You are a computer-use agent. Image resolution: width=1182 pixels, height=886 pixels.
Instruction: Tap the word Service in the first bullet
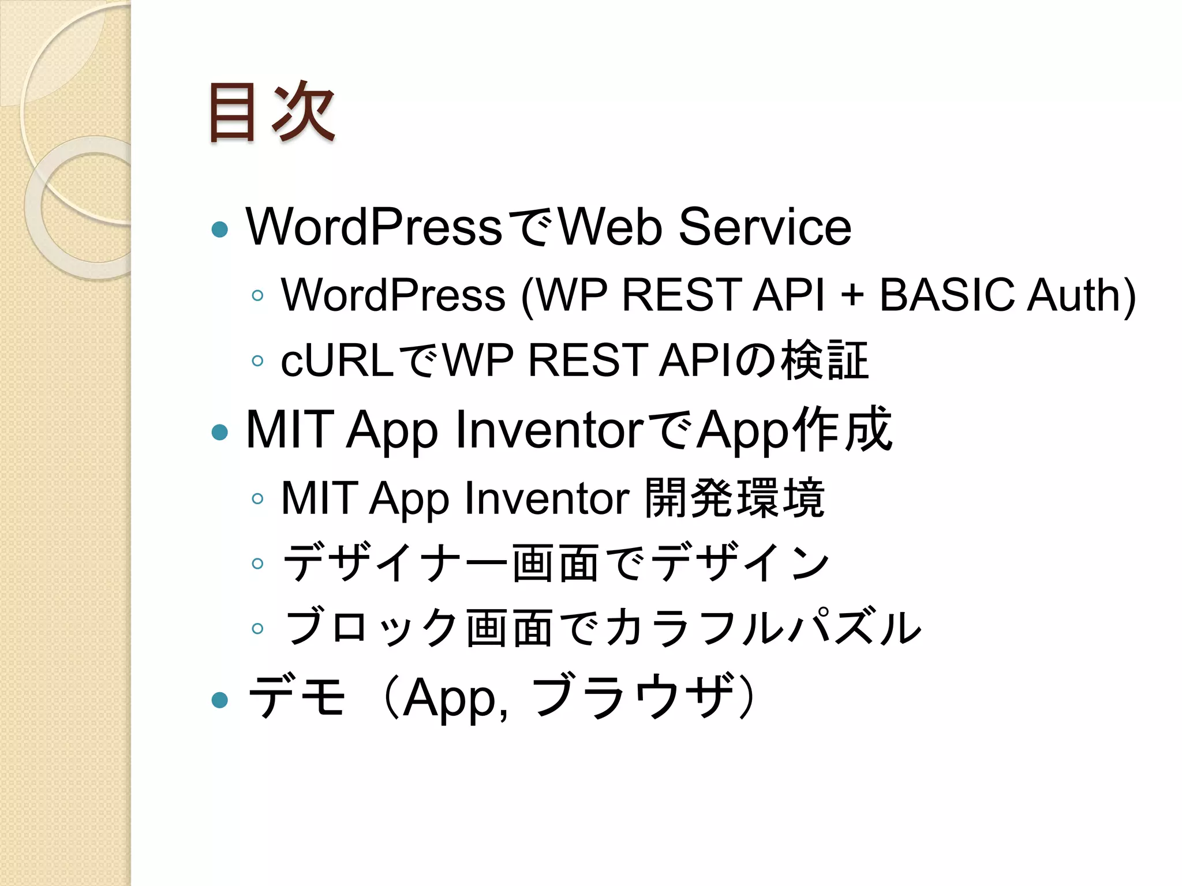765,227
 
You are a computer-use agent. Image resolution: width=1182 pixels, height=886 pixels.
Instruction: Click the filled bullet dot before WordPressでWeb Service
220,230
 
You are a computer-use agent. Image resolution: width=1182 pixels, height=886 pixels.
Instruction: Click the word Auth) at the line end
1082,295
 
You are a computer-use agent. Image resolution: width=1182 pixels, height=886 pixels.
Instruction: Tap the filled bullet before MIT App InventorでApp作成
220,431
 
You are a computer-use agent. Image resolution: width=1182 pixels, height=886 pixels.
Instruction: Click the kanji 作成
843,429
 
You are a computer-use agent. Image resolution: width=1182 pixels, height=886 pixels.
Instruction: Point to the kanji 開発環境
734,498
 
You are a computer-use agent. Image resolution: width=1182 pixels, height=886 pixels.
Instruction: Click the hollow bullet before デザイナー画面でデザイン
257,564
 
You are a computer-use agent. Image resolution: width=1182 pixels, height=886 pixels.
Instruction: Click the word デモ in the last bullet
297,697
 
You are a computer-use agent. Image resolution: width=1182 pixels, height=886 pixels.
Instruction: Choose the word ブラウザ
633,697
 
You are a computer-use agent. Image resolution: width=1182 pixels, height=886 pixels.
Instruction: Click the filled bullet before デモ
220,700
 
